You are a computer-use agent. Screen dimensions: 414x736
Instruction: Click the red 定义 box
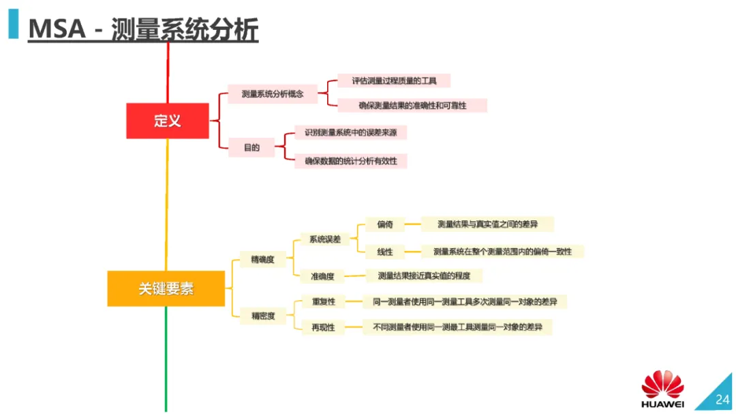pyautogui.click(x=168, y=121)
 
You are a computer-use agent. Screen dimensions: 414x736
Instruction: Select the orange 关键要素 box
pyautogui.click(x=166, y=289)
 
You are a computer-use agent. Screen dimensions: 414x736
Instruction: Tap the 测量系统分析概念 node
pyautogui.click(x=273, y=93)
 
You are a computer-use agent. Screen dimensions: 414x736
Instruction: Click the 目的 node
pyautogui.click(x=252, y=147)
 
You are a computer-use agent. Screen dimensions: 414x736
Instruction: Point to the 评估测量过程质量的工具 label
pyautogui.click(x=394, y=80)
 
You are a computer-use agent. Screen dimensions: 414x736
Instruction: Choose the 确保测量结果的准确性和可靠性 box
pyautogui.click(x=412, y=106)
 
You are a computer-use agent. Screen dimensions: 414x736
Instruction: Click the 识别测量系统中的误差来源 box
pyautogui.click(x=351, y=132)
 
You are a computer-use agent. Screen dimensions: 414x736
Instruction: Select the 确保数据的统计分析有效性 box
pyautogui.click(x=351, y=161)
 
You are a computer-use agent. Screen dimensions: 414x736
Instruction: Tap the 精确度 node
pyautogui.click(x=263, y=259)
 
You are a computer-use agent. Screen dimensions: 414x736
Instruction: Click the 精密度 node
pyautogui.click(x=263, y=316)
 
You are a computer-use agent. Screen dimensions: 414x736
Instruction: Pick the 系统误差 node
pyautogui.click(x=324, y=239)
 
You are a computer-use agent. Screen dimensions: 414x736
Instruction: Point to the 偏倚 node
pyautogui.click(x=385, y=224)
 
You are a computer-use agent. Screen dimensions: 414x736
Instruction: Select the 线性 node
pyautogui.click(x=385, y=252)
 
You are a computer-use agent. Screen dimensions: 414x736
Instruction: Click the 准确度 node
pyautogui.click(x=322, y=276)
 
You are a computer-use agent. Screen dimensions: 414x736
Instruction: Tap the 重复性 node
pyautogui.click(x=323, y=301)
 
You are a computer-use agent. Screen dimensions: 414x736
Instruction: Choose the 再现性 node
pyautogui.click(x=323, y=327)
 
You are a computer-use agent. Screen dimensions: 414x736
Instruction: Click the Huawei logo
pyautogui.click(x=662, y=388)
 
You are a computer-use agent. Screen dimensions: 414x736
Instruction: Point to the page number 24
pyautogui.click(x=722, y=400)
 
